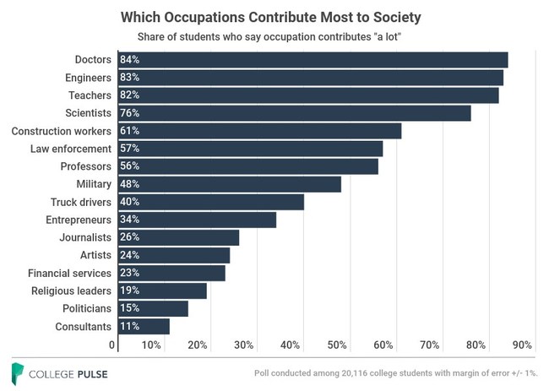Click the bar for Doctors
(313, 60)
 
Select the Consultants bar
(144, 326)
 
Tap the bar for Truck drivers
(211, 202)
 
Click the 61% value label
(129, 131)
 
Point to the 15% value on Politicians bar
(129, 308)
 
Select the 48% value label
(129, 184)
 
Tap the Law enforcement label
(72, 149)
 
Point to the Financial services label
(69, 273)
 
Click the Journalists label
(84, 237)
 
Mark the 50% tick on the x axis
(336, 345)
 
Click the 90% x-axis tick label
(521, 345)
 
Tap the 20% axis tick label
(198, 345)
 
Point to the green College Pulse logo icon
(17, 372)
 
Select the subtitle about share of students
(274, 37)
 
